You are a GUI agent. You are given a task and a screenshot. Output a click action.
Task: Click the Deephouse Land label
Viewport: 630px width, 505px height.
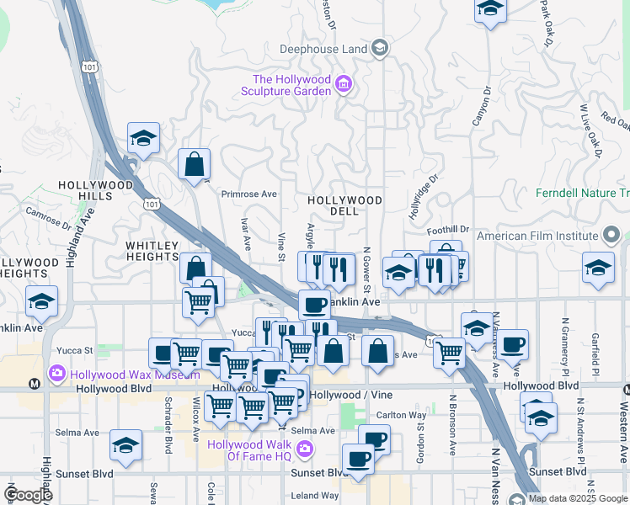323,49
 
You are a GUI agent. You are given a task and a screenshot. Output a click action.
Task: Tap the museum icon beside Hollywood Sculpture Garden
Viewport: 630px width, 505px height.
343,85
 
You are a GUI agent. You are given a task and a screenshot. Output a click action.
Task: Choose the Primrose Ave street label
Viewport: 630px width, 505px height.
248,194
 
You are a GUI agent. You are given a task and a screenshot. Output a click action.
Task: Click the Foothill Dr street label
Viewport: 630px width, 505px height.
448,228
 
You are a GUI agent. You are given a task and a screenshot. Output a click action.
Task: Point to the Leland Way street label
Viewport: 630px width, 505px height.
315,496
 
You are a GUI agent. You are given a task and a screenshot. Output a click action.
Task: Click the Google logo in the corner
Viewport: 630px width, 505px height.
28,495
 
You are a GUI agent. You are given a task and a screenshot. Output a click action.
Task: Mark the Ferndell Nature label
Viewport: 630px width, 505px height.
582,193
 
